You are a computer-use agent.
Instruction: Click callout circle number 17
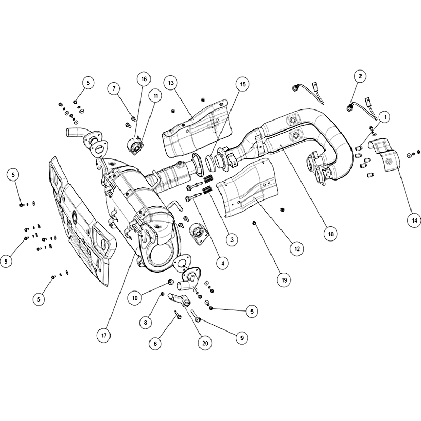point(104,335)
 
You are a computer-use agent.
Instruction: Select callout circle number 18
point(330,234)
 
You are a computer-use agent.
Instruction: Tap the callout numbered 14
point(414,220)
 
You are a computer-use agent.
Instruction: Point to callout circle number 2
point(360,76)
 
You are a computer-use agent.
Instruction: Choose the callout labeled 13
point(171,83)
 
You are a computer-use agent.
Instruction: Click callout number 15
point(243,84)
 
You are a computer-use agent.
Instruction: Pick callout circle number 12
point(297,249)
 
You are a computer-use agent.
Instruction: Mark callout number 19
point(284,280)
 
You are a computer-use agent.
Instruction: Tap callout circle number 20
point(205,344)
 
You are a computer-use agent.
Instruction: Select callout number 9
point(242,338)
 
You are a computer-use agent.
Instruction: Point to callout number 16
point(144,79)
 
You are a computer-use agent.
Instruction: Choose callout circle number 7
point(114,88)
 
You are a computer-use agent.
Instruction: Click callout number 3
point(232,239)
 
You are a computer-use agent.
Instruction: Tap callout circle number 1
point(385,117)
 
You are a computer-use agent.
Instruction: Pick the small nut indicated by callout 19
point(254,222)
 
